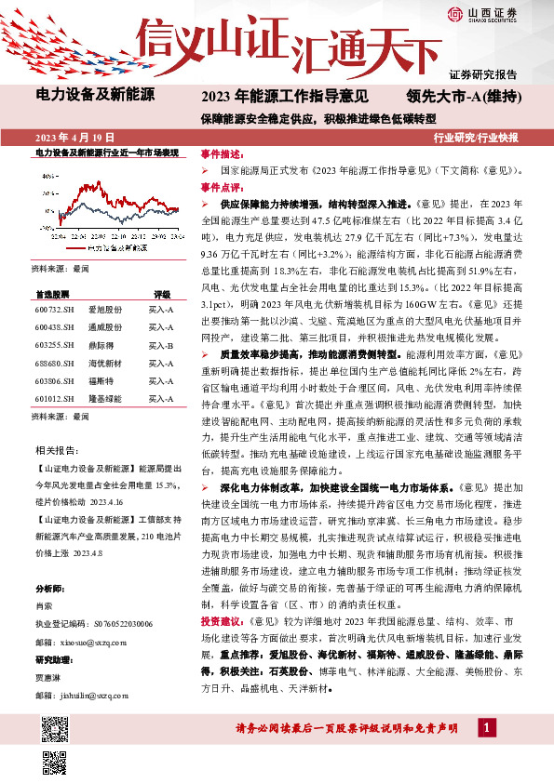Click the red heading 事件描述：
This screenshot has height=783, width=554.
[221, 154]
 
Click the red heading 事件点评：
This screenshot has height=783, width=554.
[221, 186]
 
